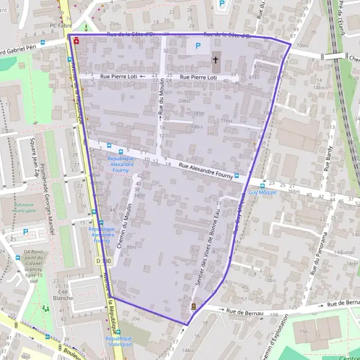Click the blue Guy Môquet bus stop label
[262, 193]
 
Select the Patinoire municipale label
[25, 208]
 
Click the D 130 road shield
[103, 261]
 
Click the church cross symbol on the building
[215, 60]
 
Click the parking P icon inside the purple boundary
[195, 46]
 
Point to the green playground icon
[45, 308]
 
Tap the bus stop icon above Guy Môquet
[236, 176]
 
